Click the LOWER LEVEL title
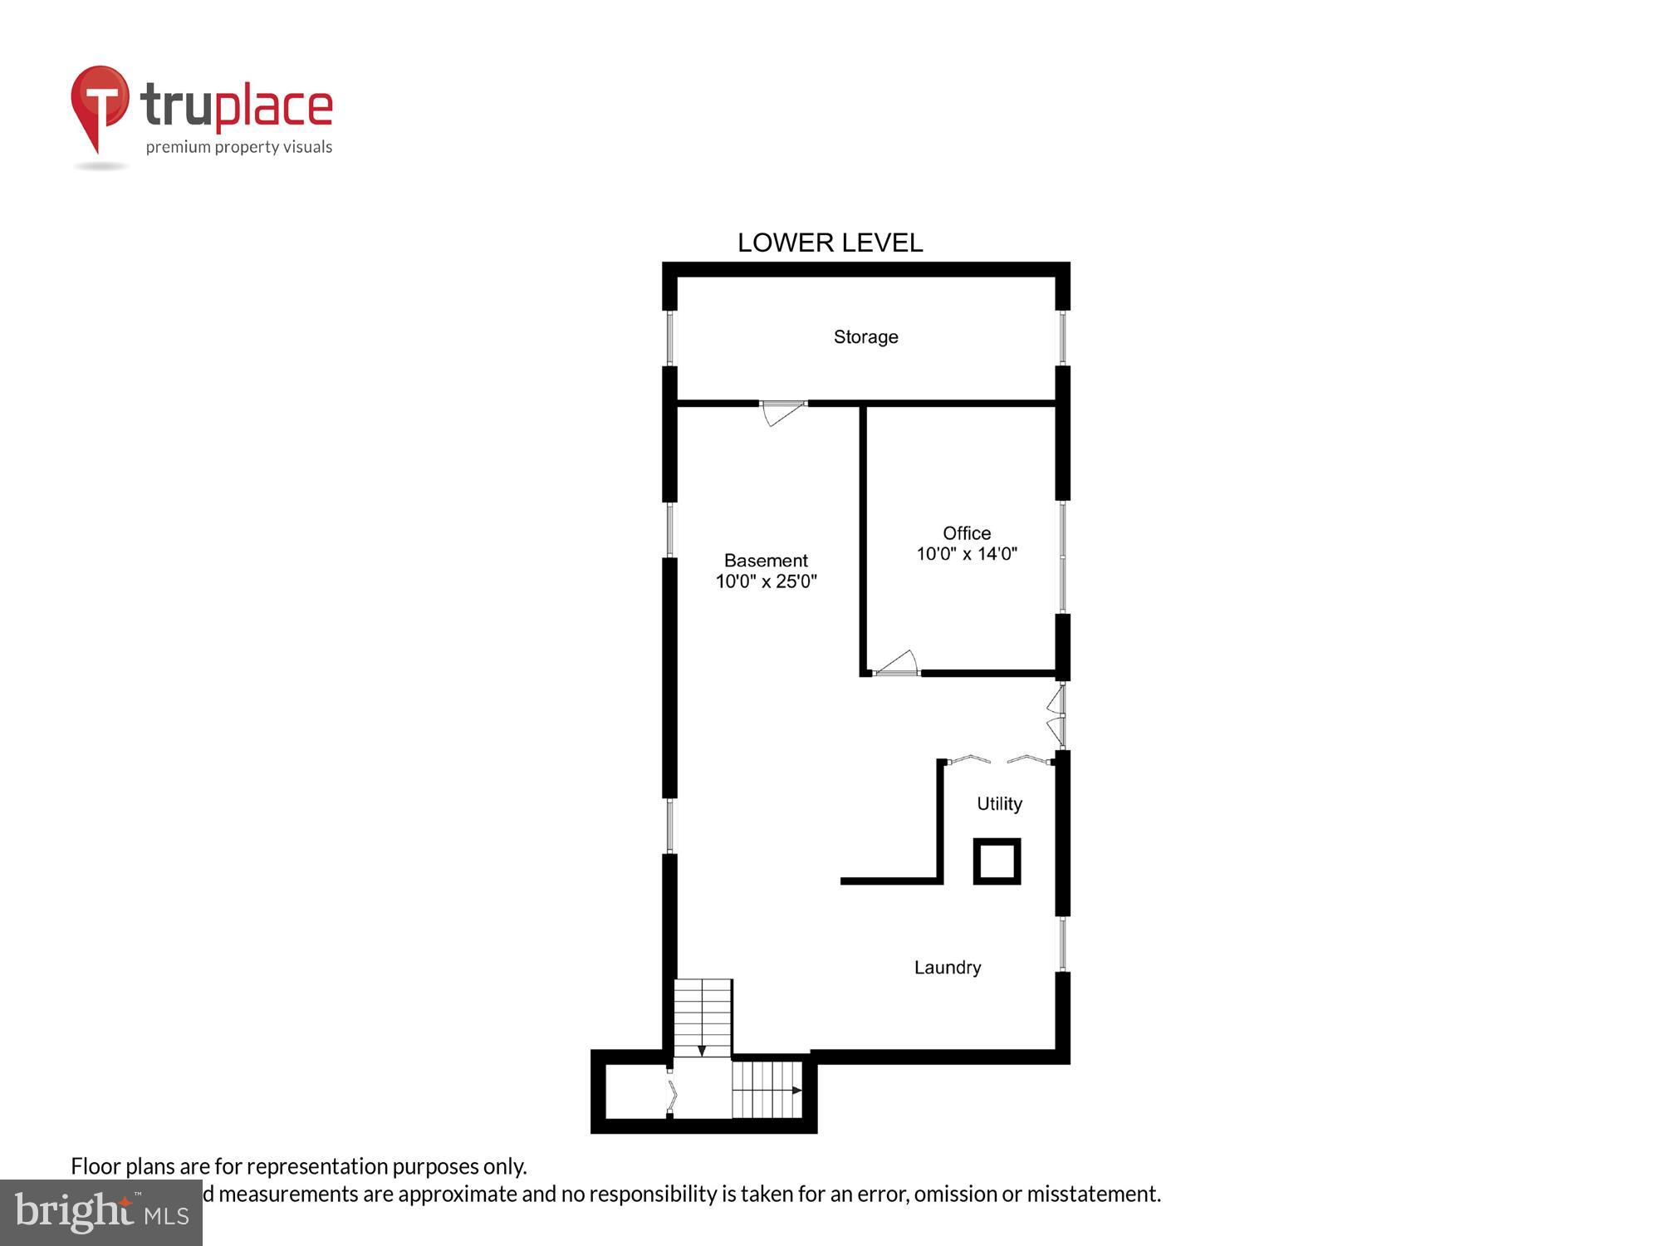click(830, 243)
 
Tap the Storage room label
click(865, 336)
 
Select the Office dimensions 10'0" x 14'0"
click(967, 554)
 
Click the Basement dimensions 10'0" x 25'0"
click(766, 581)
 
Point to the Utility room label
click(999, 803)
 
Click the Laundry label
click(948, 967)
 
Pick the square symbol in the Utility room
click(997, 861)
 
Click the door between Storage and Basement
click(782, 410)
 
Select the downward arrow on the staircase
click(702, 1050)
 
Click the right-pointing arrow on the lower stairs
click(796, 1090)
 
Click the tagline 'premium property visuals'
click(239, 147)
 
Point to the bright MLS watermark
click(101, 1213)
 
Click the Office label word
click(967, 532)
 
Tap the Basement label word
click(766, 560)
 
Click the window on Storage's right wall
click(1062, 337)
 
